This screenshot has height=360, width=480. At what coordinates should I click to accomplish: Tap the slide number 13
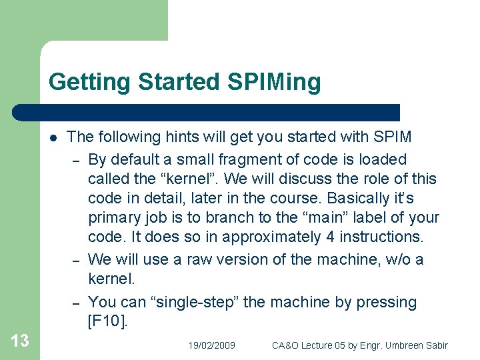pyautogui.click(x=20, y=341)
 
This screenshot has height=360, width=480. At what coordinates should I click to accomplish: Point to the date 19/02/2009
pyautogui.click(x=211, y=345)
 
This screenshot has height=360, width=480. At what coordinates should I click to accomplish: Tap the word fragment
pyautogui.click(x=231, y=159)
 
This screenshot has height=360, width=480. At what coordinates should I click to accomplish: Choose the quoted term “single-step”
pyautogui.click(x=200, y=302)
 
